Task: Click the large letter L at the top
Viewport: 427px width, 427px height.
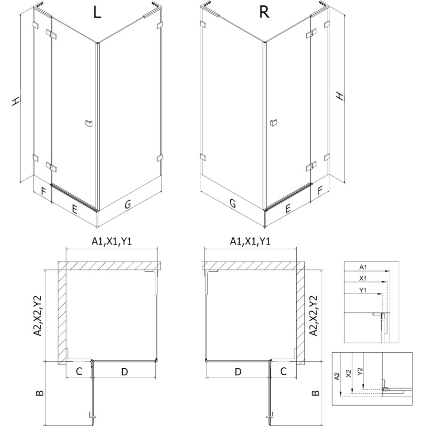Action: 97,13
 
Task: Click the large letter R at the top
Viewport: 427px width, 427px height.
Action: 264,13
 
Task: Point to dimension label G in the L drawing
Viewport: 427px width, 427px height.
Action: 128,204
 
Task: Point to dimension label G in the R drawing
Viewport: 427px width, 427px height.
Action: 232,203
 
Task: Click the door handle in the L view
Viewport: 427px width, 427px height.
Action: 88,124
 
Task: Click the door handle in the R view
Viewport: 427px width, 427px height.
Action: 273,123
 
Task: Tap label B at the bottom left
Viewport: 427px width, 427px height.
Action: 38,393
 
